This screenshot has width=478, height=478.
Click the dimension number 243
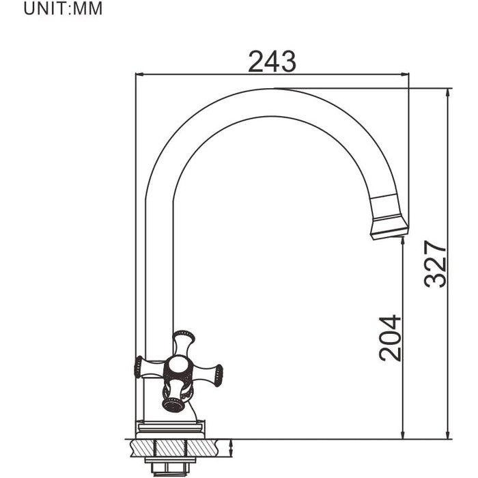(272, 62)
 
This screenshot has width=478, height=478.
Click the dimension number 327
(435, 264)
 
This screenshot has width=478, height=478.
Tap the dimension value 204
(390, 338)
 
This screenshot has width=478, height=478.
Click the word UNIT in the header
(44, 8)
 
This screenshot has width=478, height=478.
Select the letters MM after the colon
(87, 8)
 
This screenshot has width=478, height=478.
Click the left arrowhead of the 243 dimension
(139, 74)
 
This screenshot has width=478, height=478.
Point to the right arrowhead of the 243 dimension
(404, 74)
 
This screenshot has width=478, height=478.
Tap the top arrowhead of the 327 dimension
(448, 93)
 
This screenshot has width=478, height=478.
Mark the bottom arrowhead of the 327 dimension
(448, 435)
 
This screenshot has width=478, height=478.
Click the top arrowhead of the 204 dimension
(403, 241)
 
